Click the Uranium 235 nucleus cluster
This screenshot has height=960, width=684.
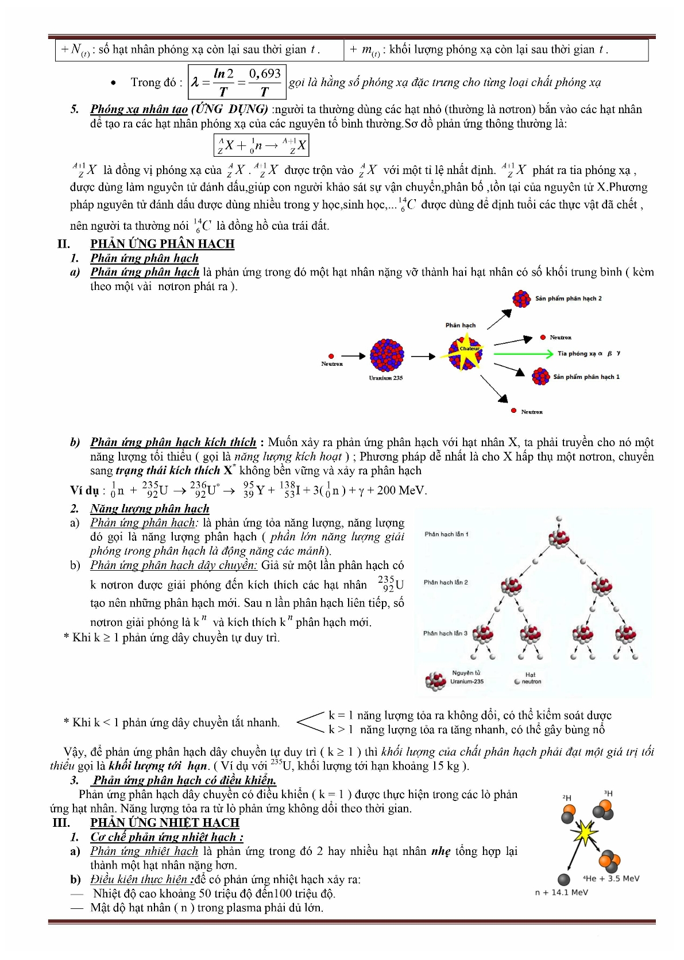pyautogui.click(x=387, y=355)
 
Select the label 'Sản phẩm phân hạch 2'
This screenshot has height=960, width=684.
pyautogui.click(x=568, y=299)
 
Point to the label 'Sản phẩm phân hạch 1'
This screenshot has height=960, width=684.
pyautogui.click(x=586, y=377)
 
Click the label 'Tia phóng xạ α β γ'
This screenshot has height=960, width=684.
pyautogui.click(x=589, y=354)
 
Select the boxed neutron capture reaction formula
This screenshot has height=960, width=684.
pyautogui.click(x=261, y=145)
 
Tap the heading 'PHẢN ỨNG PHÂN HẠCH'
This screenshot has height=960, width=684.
pyautogui.click(x=162, y=244)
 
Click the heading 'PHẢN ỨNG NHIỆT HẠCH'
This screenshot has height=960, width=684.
pyautogui.click(x=164, y=823)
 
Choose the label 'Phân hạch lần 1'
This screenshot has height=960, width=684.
pyautogui.click(x=446, y=535)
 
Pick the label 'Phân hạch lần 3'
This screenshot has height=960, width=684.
pyautogui.click(x=445, y=633)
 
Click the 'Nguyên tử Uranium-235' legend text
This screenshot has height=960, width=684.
pyautogui.click(x=466, y=677)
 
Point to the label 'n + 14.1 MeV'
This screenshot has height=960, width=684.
pyautogui.click(x=561, y=892)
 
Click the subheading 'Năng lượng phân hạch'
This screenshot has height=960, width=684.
pyautogui.click(x=149, y=509)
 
